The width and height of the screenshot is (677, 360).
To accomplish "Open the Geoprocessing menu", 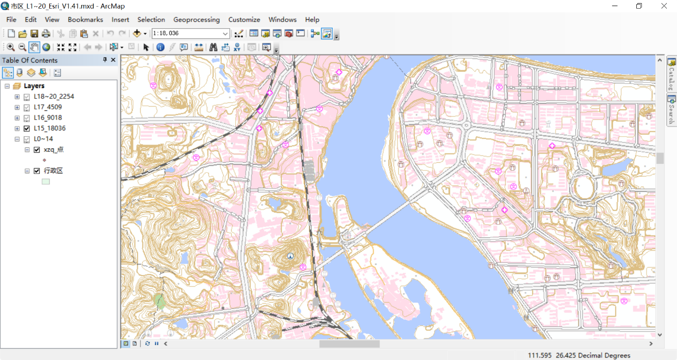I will [196, 20].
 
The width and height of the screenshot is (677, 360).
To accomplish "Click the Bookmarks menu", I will [85, 20].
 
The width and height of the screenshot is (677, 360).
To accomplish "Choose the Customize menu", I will [244, 20].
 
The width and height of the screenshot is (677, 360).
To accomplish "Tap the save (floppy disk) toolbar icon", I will [35, 34].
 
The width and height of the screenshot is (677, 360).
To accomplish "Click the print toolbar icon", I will [46, 34].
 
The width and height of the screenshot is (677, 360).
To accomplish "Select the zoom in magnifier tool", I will [10, 47].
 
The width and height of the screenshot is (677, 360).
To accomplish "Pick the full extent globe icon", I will [46, 47].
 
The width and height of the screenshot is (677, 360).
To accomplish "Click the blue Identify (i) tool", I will [161, 47].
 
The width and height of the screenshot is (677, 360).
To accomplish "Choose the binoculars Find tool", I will [213, 47].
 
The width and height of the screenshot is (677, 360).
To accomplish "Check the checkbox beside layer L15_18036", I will [27, 129].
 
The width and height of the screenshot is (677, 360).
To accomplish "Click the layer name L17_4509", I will [48, 107].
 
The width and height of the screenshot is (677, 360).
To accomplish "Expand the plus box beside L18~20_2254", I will [17, 97].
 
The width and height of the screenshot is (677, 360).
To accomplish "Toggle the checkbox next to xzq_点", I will [37, 150].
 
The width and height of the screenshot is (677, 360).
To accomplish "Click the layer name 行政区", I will [53, 171].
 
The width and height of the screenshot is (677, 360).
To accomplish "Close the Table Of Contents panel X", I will [113, 60].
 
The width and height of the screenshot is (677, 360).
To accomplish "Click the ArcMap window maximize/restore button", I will [639, 6].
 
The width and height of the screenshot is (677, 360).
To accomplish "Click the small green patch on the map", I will [160, 301].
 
